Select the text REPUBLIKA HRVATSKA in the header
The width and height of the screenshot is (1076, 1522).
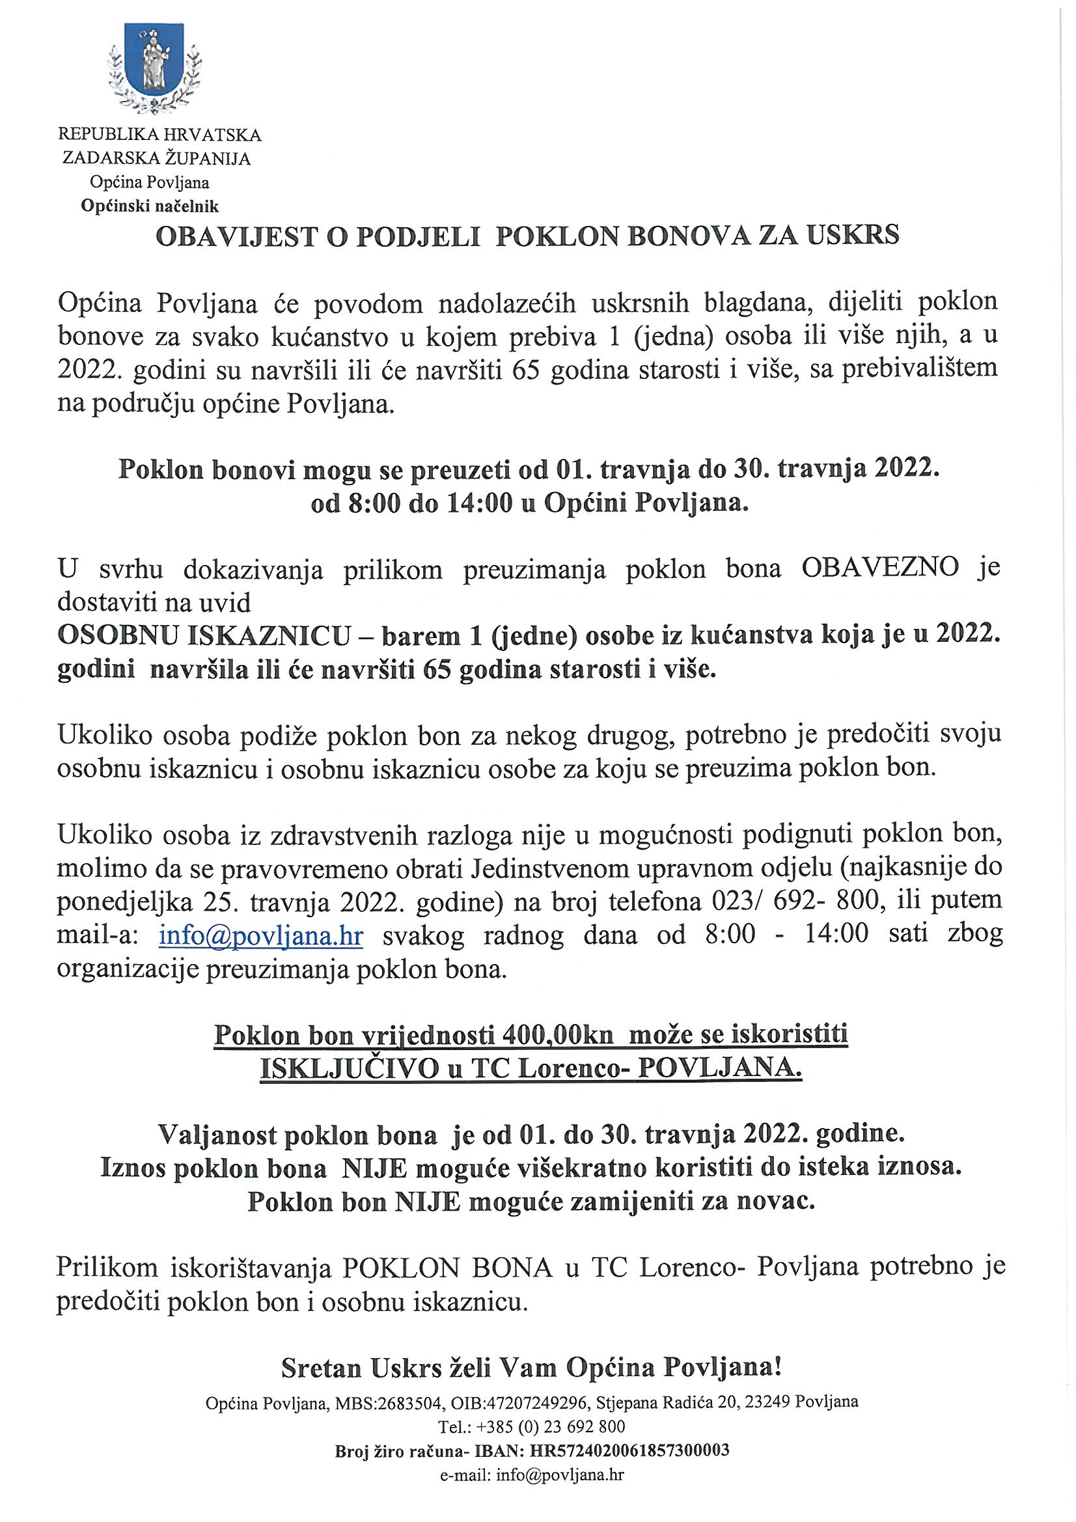click(x=159, y=135)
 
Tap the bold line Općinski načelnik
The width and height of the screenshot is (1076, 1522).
click(x=150, y=207)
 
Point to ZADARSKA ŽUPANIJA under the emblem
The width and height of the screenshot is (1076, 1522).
click(x=156, y=159)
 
